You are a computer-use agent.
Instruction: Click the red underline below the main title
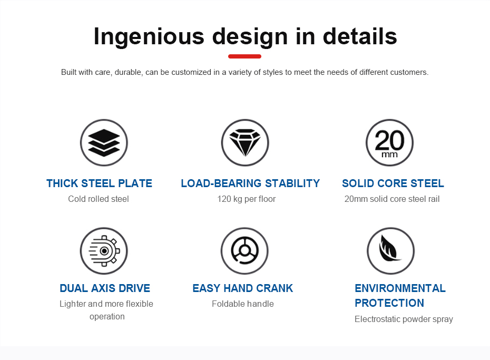click(x=244, y=56)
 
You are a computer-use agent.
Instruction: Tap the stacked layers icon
click(x=104, y=143)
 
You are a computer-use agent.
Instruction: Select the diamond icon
click(x=245, y=143)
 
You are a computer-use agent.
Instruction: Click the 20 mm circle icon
click(x=389, y=143)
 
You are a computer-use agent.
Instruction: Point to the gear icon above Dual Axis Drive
click(x=104, y=251)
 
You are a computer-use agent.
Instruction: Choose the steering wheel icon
click(x=244, y=251)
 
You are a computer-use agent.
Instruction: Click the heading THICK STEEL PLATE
click(x=100, y=183)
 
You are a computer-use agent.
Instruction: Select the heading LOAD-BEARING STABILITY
click(x=250, y=183)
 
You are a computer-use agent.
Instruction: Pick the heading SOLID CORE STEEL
click(x=393, y=183)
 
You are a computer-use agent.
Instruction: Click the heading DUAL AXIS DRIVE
click(x=105, y=288)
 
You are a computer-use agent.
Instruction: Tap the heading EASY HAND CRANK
click(x=243, y=288)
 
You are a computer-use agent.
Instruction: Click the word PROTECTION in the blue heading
click(x=389, y=303)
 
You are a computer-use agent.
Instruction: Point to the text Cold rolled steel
click(x=99, y=199)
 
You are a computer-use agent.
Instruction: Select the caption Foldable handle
click(x=243, y=304)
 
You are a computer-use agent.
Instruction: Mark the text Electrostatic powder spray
click(x=404, y=319)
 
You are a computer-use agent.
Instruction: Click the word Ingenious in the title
click(x=149, y=36)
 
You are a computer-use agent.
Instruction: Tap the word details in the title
click(x=360, y=36)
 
